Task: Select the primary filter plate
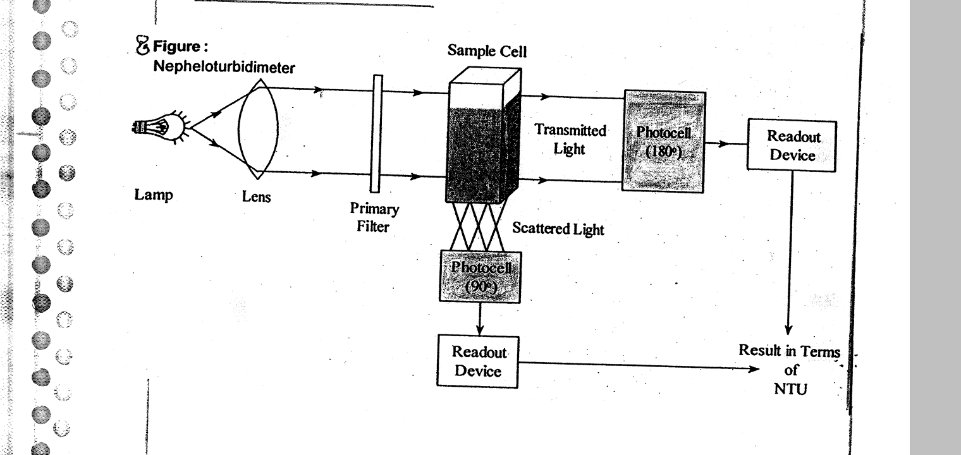coord(377,133)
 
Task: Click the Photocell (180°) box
coord(664,140)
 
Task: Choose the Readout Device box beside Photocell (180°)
coord(792,145)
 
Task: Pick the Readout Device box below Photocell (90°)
coord(477,361)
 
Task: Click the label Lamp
coord(153,195)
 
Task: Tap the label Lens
coord(256,197)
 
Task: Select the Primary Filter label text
coord(374,217)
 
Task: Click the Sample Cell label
coord(487,51)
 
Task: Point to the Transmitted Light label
coord(570,140)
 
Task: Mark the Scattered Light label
coord(558,229)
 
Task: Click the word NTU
coord(790,389)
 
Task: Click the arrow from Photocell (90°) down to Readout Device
coord(480,320)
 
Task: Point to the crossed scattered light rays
coord(479,227)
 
